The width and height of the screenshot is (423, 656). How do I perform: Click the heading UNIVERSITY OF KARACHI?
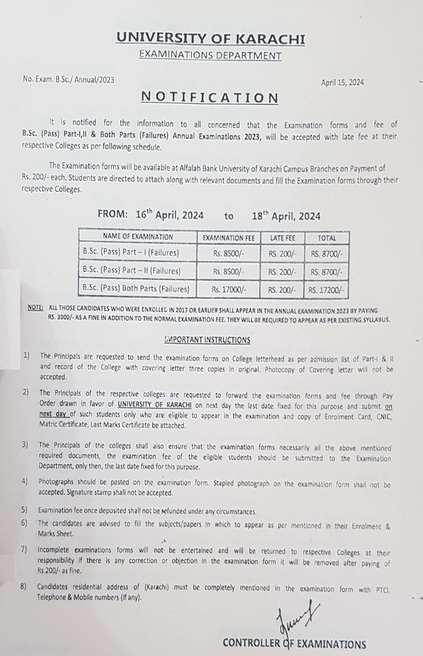point(211,39)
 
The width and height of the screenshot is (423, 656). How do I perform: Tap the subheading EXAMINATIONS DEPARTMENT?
point(211,55)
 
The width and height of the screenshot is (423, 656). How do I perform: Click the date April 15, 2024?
point(342,83)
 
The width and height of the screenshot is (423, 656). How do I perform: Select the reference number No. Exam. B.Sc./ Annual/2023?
point(68,79)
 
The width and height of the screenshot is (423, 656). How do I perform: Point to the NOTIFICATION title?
point(210,98)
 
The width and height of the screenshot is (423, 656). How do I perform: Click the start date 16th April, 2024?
point(170,216)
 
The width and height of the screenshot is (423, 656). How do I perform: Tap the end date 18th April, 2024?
point(286,216)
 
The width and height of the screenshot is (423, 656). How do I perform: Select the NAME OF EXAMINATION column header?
point(138,237)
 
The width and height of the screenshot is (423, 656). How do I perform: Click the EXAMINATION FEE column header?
point(228,238)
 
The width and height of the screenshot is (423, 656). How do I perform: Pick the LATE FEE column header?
point(283,238)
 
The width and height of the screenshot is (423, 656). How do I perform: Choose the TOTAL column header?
point(326,238)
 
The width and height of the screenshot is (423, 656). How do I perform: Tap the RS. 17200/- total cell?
point(326,289)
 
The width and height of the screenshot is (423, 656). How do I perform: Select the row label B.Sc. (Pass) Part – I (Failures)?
point(131,253)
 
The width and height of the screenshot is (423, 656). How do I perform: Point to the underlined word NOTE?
point(35,309)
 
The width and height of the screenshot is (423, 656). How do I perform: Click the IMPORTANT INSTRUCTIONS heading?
point(207,340)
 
